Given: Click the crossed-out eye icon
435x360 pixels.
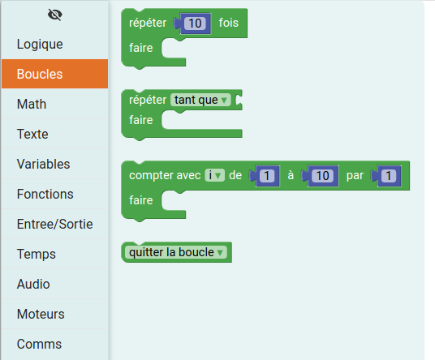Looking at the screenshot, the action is (x=55, y=15).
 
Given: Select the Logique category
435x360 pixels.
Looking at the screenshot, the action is (x=40, y=45).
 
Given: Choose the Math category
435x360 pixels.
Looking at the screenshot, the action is (x=32, y=105).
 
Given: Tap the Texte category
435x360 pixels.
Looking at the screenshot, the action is (x=32, y=134).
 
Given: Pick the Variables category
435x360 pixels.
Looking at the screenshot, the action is (x=44, y=164).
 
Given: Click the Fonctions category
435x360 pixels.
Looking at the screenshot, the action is (x=45, y=194).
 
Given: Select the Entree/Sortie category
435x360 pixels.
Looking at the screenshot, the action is (x=55, y=224).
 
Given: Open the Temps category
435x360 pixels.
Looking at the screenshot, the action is (x=37, y=254).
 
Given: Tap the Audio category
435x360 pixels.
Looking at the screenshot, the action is (x=33, y=284).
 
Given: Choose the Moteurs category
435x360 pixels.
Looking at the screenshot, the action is (x=41, y=314).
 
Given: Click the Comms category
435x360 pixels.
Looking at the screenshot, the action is (x=39, y=344).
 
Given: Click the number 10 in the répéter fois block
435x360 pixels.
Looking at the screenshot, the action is (x=195, y=24).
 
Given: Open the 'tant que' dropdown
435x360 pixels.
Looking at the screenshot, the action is (x=200, y=100).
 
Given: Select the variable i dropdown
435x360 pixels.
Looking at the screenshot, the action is (x=215, y=175).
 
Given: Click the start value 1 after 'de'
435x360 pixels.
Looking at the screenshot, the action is (x=267, y=176).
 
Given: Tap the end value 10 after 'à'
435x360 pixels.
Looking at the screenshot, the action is (x=322, y=176).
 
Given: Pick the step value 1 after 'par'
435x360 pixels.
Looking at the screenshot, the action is (x=389, y=176).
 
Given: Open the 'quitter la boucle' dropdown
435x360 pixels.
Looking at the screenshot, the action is (x=176, y=252).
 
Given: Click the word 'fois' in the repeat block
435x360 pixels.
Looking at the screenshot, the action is (x=229, y=23).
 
